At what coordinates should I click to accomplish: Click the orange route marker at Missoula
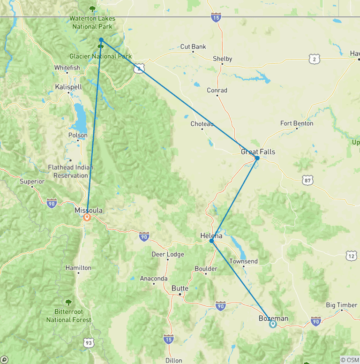tap(87, 217)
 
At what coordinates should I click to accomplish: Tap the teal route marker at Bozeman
tap(273, 324)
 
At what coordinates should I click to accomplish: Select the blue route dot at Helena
tap(212, 240)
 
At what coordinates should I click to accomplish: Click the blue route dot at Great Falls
tap(257, 159)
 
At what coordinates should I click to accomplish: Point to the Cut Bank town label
tap(193, 47)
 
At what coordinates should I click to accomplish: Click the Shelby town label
tap(222, 59)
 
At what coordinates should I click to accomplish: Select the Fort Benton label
tap(297, 123)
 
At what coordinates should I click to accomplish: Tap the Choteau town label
tap(202, 124)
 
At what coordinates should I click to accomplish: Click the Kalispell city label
tap(68, 87)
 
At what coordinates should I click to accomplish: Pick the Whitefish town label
tap(67, 68)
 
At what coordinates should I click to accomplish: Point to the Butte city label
tap(180, 288)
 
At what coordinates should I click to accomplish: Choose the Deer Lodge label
tap(168, 254)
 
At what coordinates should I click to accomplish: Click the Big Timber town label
tap(342, 305)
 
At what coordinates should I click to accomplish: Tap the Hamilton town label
tap(78, 267)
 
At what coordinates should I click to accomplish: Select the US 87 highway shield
tap(308, 180)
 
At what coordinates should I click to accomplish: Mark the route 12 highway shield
tap(352, 256)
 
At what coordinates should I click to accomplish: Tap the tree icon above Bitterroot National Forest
tap(68, 303)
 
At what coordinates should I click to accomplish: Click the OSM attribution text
tap(349, 360)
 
